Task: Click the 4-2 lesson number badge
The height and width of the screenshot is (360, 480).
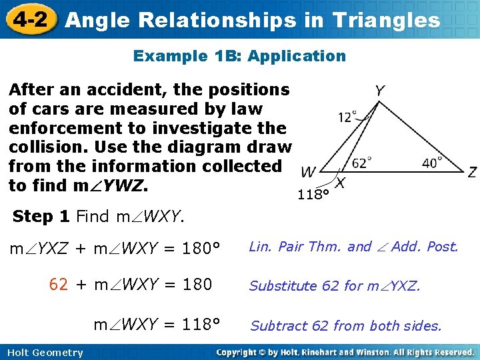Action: tap(29, 19)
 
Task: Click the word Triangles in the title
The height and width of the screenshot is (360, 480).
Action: tap(386, 20)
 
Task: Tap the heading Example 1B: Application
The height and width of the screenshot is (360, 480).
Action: tap(239, 56)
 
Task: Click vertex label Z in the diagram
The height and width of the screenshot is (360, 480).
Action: tap(472, 173)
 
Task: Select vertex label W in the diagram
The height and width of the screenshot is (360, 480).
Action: tap(308, 173)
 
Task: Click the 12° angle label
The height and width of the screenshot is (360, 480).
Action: tap(347, 117)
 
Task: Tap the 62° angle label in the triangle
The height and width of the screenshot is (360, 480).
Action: tap(361, 162)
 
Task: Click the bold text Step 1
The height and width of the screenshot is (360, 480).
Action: tap(42, 216)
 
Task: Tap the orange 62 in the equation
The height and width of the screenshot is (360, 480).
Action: tap(59, 285)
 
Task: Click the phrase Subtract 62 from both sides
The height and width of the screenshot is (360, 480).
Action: tap(345, 326)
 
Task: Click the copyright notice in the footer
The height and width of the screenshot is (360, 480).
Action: tap(345, 352)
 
